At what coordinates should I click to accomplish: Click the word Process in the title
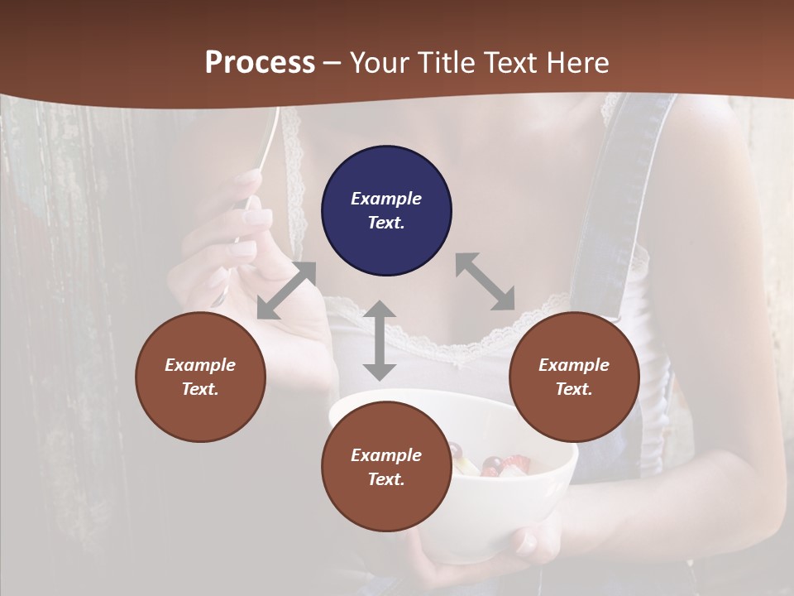point(260,63)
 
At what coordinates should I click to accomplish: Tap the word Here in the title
point(575,63)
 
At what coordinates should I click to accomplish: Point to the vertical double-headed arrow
point(380,341)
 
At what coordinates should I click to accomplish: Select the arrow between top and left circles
point(287,291)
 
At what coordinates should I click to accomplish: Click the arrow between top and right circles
point(485,281)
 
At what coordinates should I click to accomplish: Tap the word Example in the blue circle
point(386,199)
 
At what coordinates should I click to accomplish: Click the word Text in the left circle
point(200,389)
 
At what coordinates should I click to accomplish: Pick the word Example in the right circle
point(574,365)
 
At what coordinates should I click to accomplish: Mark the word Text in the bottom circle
point(386,479)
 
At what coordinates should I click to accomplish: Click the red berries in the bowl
point(494,464)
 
